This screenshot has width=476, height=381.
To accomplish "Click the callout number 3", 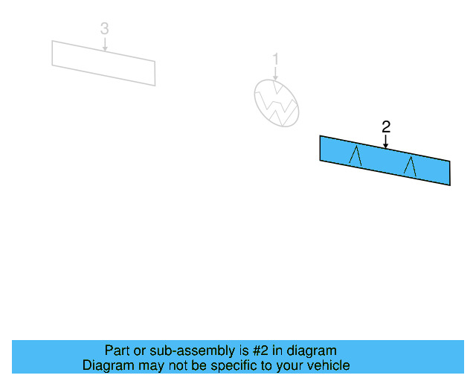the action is point(104,28).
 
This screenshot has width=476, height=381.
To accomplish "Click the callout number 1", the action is point(275,59).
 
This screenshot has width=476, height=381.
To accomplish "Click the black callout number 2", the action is point(386,127).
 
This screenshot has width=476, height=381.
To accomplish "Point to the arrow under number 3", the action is point(105,44).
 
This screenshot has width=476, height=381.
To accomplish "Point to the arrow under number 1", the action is point(275,74).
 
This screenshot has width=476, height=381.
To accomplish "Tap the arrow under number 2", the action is point(385,141).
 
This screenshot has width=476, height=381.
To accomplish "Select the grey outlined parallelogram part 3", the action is point(103,63).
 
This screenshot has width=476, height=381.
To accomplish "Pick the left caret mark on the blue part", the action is point(356,156).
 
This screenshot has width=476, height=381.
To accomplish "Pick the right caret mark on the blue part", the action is point(410,167).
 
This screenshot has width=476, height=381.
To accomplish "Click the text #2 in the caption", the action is point(260,350).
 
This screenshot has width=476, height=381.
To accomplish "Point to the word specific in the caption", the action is point(239,365).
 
